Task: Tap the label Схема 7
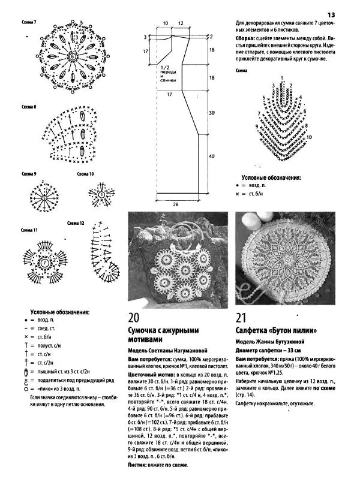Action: point(29,22)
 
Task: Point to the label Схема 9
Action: point(29,174)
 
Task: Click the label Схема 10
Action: point(85,174)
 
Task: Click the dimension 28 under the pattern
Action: point(176,204)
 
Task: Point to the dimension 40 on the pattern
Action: point(211,156)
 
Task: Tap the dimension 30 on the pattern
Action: point(211,113)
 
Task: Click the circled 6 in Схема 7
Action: point(73,55)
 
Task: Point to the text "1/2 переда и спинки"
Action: point(169,74)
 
